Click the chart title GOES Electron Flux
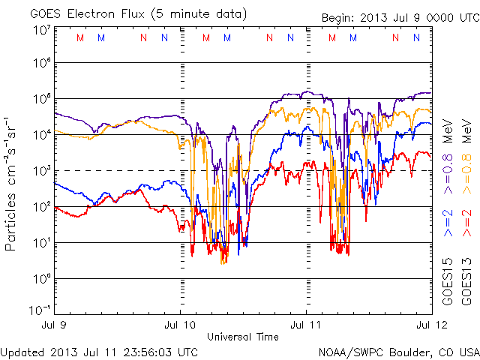coord(87,14)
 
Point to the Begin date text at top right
coord(400,18)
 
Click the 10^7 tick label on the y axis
coord(43,31)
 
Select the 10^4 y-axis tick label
coord(43,134)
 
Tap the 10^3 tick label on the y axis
coord(43,170)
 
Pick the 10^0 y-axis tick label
coord(43,278)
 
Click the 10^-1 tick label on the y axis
coord(40,310)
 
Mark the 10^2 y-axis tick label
coord(43,206)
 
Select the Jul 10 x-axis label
coord(180,325)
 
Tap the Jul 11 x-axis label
coord(306,325)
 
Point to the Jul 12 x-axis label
coord(432,325)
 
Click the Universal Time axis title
coord(243,337)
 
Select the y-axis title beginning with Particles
coord(10,184)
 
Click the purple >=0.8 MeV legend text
coord(448,156)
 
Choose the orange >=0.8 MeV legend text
coord(466,156)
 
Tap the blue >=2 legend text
coord(448,223)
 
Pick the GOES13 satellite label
coord(466,282)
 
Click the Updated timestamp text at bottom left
coord(99,352)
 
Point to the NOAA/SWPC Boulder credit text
coord(399,352)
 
